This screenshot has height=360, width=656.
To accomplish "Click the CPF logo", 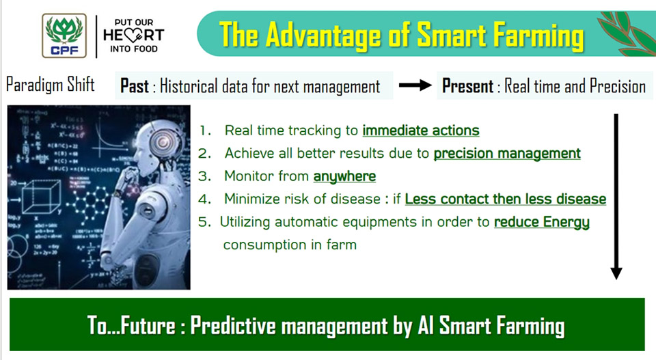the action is [64, 36].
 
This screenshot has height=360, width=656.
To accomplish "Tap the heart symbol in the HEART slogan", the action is [133, 36].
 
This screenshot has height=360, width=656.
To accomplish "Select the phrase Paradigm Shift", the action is [50, 85].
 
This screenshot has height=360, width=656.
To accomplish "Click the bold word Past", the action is [135, 86].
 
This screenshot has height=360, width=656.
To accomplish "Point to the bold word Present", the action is [467, 86].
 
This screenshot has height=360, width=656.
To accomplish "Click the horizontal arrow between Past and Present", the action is [415, 85].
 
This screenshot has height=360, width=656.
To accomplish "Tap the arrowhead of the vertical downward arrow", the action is [616, 273].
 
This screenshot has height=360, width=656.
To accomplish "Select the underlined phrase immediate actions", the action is [421, 130].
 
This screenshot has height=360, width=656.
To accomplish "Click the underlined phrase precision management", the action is [507, 154].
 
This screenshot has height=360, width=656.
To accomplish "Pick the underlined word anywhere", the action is [344, 176].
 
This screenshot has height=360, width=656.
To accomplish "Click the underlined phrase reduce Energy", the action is [542, 222].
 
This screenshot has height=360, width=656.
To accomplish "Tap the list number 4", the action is [204, 199].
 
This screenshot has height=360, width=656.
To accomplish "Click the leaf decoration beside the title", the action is [626, 33].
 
